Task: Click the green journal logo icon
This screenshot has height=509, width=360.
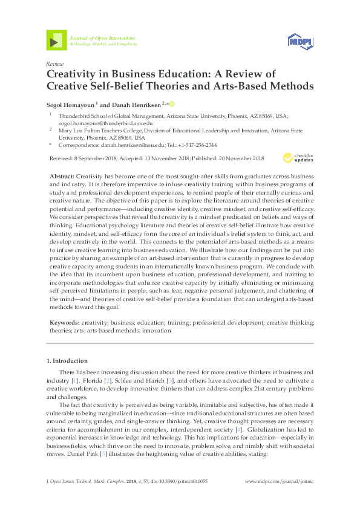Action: point(56,41)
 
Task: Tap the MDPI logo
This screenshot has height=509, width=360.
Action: point(299,41)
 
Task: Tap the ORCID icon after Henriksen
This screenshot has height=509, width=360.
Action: point(171,103)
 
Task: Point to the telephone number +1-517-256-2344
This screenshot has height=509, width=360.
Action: point(193,146)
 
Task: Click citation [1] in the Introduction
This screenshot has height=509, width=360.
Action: point(74,382)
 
